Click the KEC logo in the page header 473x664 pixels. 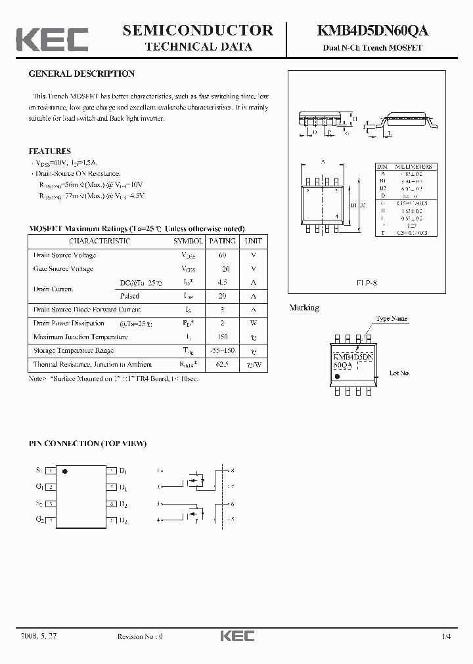[52, 39]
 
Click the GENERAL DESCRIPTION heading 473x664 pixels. [81, 74]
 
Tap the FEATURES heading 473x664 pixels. [50, 151]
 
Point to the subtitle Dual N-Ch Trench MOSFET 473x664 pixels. [372, 48]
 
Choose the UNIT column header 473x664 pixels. [253, 241]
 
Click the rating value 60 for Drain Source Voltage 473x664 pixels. [222, 255]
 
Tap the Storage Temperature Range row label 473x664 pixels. [74, 350]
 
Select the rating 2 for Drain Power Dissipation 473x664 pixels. [222, 323]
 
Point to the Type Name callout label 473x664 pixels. [391, 319]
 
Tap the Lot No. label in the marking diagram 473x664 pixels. [399, 373]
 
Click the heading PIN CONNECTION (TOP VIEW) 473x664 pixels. [87, 444]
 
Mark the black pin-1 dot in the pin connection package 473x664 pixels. [64, 471]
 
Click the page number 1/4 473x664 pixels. [447, 636]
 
